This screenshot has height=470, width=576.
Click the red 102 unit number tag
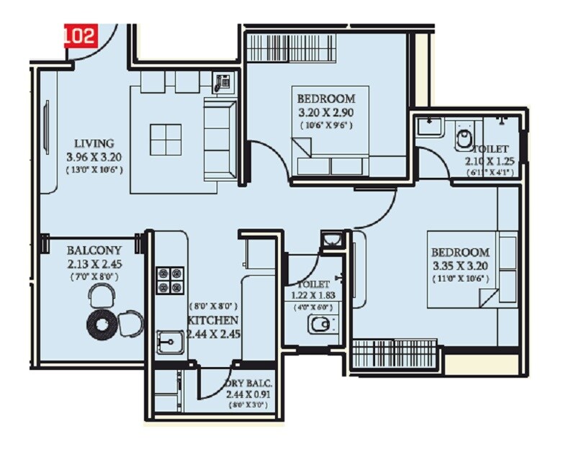80,35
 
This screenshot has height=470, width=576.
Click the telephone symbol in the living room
222,83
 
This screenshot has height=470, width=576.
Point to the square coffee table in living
165,139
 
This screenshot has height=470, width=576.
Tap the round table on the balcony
102,325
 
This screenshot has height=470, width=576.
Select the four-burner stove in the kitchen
171,280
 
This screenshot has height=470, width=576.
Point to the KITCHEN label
214,320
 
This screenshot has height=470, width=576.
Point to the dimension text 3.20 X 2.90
326,112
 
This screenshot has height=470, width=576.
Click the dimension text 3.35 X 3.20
461,266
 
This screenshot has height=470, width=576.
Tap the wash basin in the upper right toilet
430,126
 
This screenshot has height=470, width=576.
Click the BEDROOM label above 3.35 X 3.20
461,253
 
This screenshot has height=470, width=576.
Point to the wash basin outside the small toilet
332,240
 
